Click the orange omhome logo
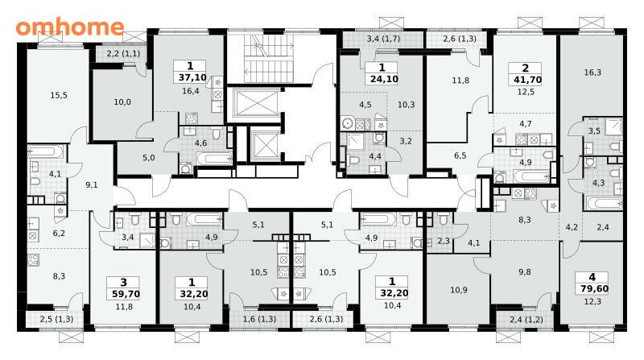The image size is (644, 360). [x=70, y=27]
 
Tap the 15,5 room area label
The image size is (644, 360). [x=59, y=95]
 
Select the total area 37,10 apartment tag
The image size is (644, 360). [x=192, y=77]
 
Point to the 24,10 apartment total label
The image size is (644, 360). [x=384, y=79]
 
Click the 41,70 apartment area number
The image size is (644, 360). [x=528, y=80]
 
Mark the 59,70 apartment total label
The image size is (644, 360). [x=126, y=294]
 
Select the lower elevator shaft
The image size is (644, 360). [x=265, y=147]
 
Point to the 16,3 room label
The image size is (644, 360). [x=592, y=72]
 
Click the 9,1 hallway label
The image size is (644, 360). [x=92, y=185]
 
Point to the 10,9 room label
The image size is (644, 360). [x=458, y=290]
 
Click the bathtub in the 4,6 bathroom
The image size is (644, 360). [x=213, y=159]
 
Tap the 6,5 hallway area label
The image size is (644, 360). [x=460, y=155]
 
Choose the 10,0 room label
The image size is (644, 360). [x=122, y=102]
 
